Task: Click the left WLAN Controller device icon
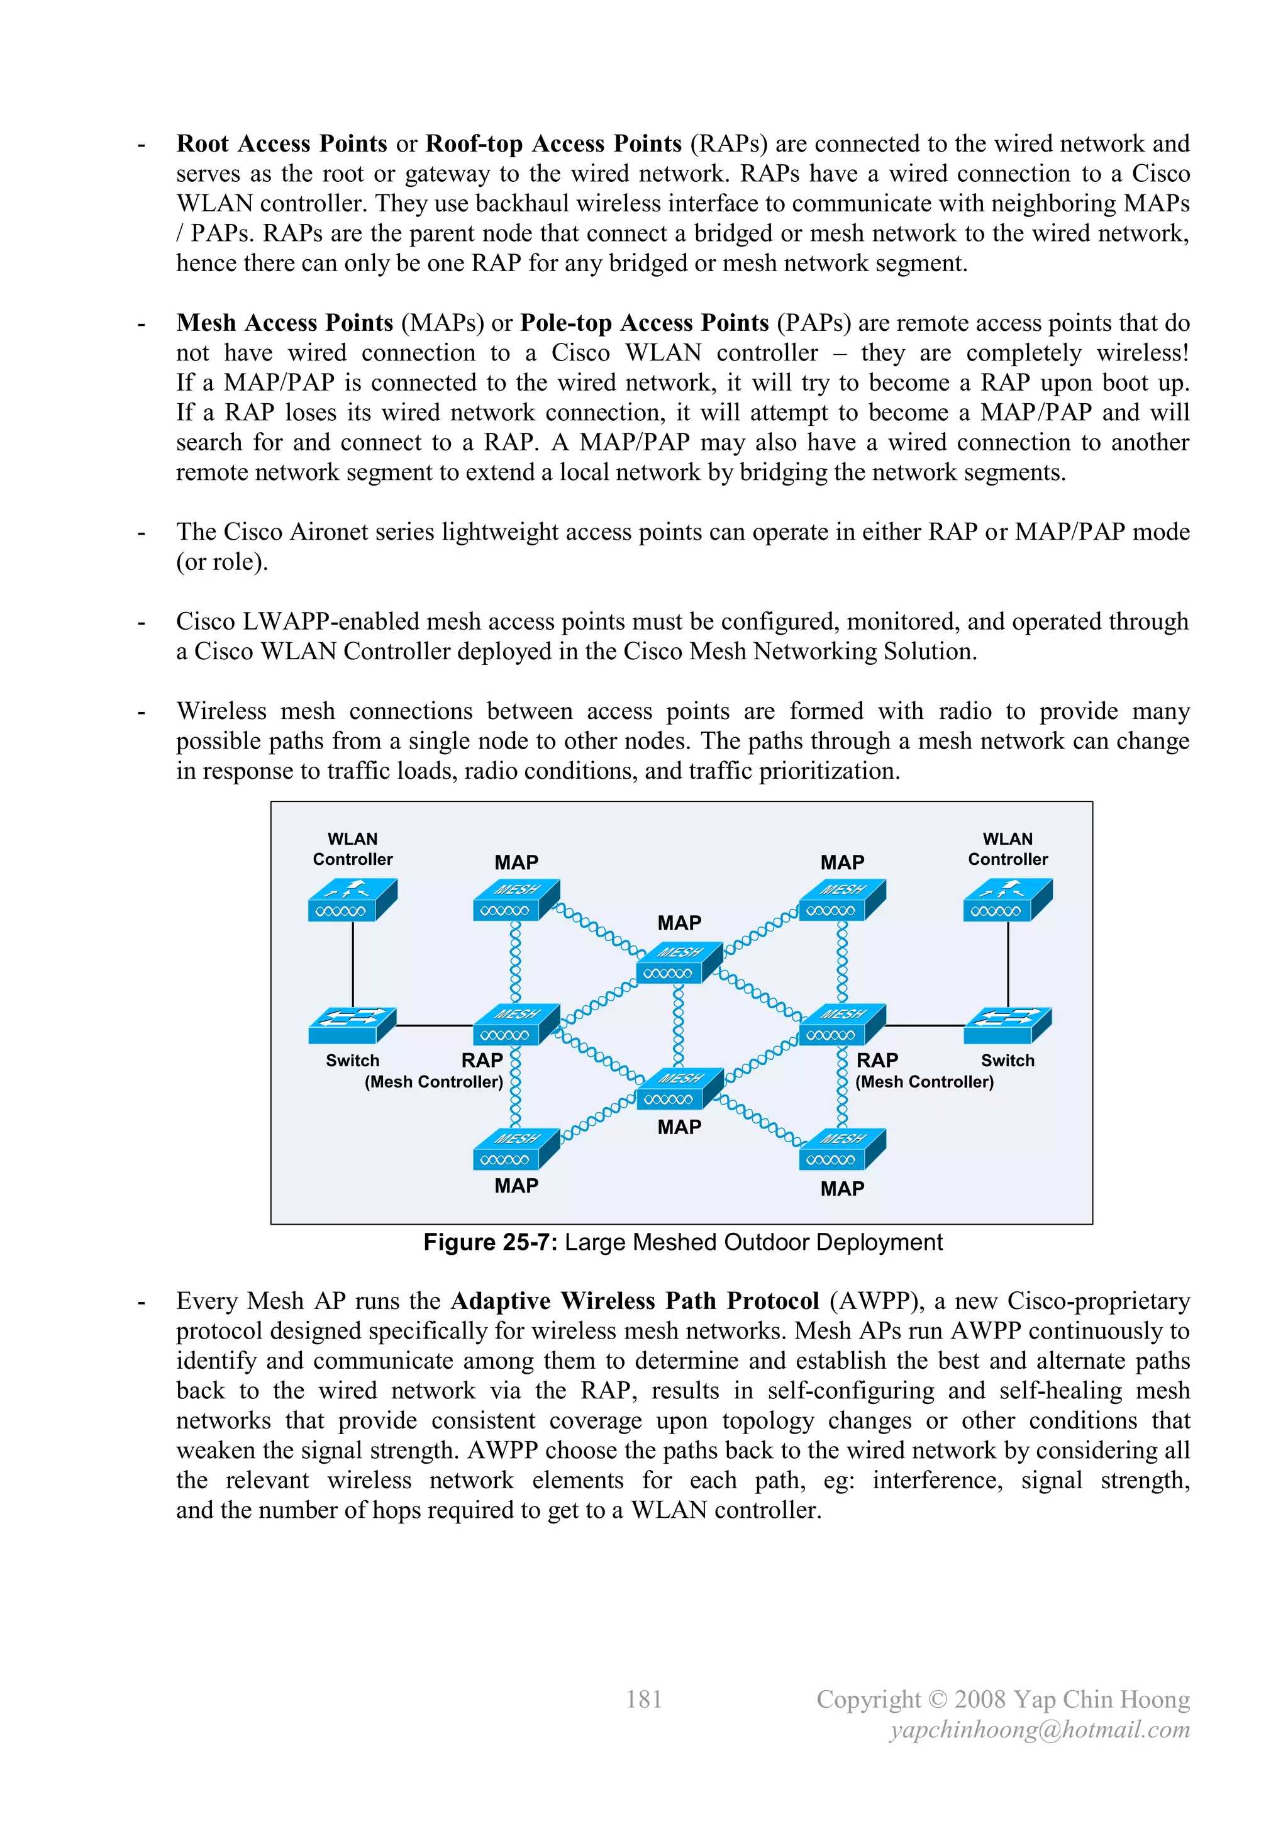pos(352,899)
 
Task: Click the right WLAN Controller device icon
pos(1008,899)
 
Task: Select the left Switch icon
pos(352,1025)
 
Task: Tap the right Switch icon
pos(1008,1025)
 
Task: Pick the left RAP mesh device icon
pos(516,1025)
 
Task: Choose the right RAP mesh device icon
pos(841,1025)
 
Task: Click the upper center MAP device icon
pos(679,963)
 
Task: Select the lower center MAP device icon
pos(679,1089)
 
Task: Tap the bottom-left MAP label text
pos(516,1186)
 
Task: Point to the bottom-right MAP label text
pos(842,1189)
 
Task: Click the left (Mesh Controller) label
pos(434,1082)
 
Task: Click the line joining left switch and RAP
pos(434,1025)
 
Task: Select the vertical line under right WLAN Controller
pos(1008,964)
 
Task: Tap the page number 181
pos(643,1700)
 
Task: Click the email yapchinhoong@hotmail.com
pos(1040,1730)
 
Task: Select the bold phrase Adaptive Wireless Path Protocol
pos(635,1301)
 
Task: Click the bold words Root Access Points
pos(282,143)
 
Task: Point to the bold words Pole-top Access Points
pos(644,323)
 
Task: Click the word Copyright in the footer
pos(869,1700)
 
